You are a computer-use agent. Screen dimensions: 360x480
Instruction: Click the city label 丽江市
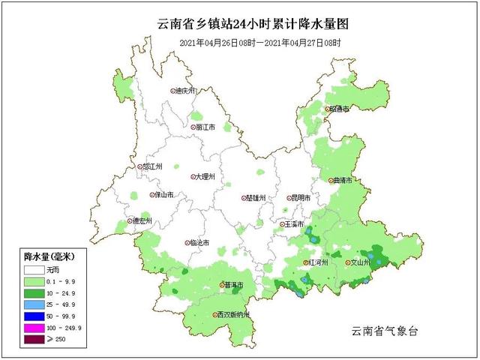pos(203,127)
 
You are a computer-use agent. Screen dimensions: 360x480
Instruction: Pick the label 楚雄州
pos(255,199)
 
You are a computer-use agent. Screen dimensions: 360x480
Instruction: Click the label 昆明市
pos(298,198)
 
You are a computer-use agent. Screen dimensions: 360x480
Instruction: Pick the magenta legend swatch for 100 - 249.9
pos(32,328)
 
